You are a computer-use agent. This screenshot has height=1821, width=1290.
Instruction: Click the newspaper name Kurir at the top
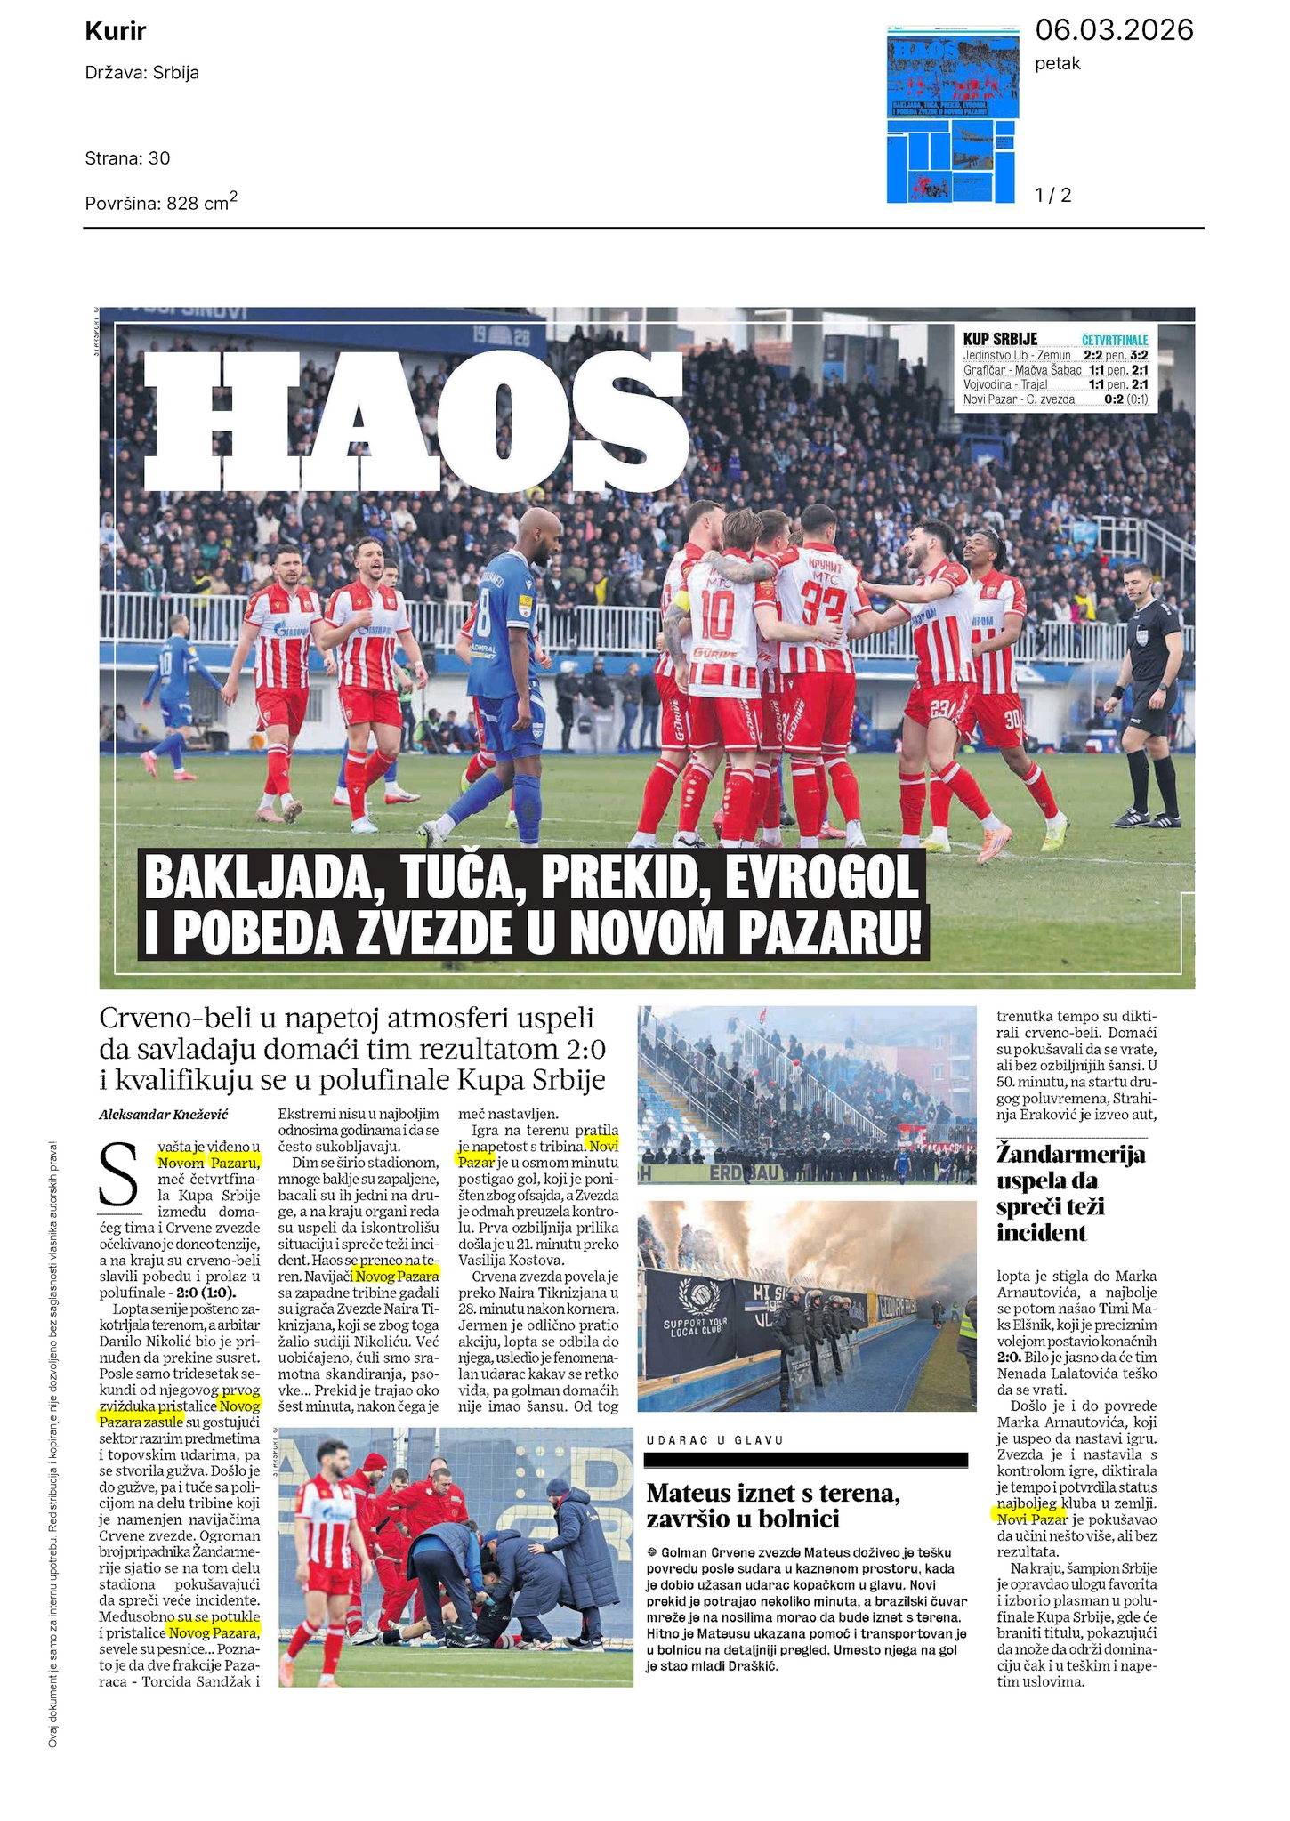[x=116, y=33]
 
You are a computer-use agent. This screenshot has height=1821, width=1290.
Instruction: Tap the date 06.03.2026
[x=1113, y=31]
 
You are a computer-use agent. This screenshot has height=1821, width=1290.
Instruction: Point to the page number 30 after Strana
[x=159, y=158]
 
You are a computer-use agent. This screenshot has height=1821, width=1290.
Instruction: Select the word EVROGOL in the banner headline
[x=820, y=880]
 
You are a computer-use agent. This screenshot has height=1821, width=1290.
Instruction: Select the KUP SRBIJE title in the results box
[x=1000, y=339]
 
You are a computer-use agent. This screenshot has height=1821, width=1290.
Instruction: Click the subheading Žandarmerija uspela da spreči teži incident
[x=1070, y=1193]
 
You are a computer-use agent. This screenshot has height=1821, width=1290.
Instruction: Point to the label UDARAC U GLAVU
[x=704, y=1439]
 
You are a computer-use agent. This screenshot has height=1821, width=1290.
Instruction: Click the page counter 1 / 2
[x=1053, y=195]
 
